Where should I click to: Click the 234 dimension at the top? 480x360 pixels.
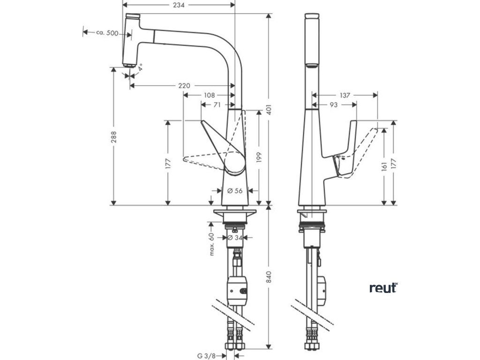(x=179, y=5)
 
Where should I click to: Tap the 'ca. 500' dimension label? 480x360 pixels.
(x=107, y=33)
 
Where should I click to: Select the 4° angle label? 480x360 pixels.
(x=139, y=67)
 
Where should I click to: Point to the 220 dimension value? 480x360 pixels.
(x=184, y=86)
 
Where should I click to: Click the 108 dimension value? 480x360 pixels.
(x=209, y=96)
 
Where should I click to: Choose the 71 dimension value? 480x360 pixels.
(x=217, y=105)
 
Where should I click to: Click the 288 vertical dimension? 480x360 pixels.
(x=114, y=136)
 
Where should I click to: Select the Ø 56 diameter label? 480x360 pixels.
(x=234, y=191)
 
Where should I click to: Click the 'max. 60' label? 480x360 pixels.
(x=212, y=244)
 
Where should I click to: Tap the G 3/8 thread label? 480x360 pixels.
(x=206, y=356)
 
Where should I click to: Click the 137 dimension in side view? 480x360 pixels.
(x=345, y=96)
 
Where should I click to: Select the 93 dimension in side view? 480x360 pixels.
(x=333, y=105)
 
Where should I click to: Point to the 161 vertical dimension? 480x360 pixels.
(x=384, y=166)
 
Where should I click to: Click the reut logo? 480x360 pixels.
(x=383, y=288)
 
